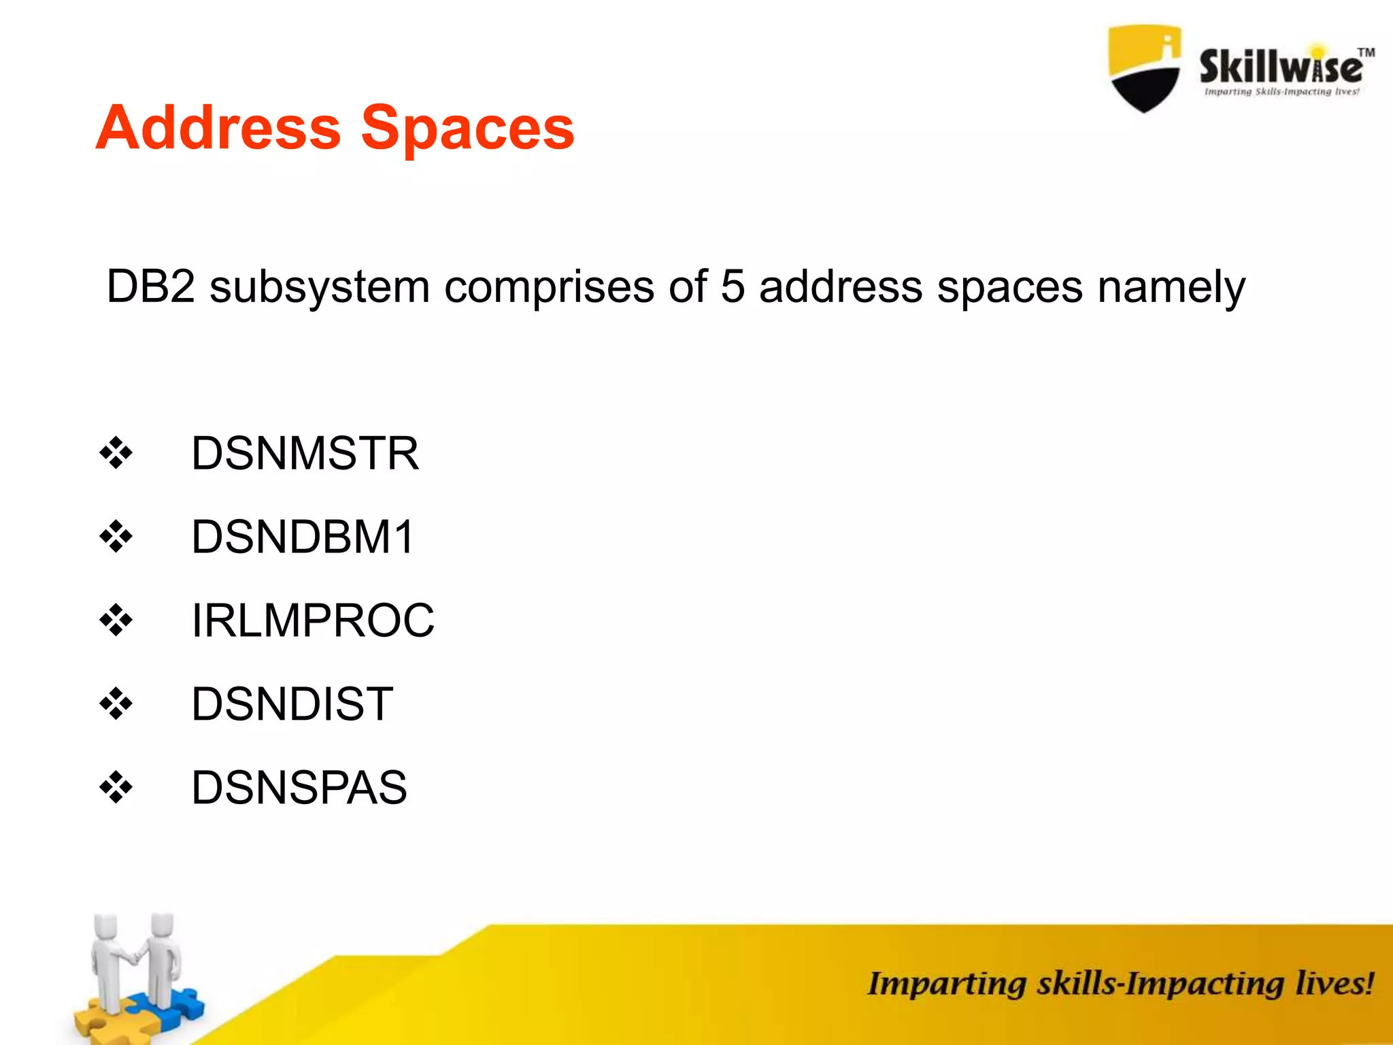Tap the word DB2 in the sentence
pos(150,286)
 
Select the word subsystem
pos(319,288)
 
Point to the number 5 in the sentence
pos(732,286)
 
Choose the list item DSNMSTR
pos(305,453)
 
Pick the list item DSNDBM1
pos(303,537)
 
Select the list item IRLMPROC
pos(312,620)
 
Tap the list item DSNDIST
pos(292,704)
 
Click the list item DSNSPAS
pos(299,788)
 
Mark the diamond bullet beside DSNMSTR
pos(116,453)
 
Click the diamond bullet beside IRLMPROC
pos(116,620)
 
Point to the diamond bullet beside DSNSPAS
pos(116,788)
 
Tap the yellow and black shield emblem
pos(1144,68)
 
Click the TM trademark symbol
pos(1366,52)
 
